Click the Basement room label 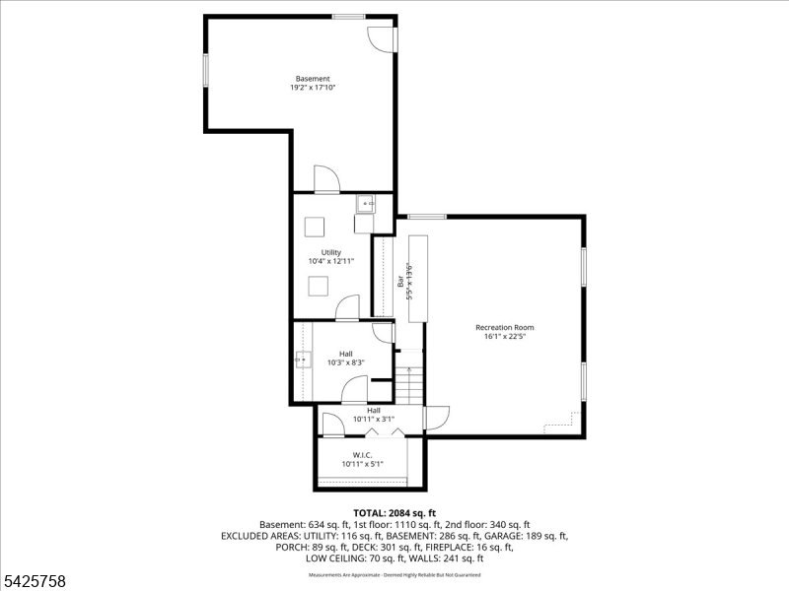pyautogui.click(x=313, y=79)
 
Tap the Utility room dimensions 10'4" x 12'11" pyautogui.click(x=330, y=262)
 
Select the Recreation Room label pyautogui.click(x=504, y=327)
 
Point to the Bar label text pyautogui.click(x=400, y=282)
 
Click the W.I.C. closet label pyautogui.click(x=362, y=454)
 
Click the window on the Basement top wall pyautogui.click(x=348, y=17)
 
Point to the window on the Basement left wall pyautogui.click(x=205, y=70)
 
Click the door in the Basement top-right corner pyautogui.click(x=382, y=38)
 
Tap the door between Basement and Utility pyautogui.click(x=326, y=180)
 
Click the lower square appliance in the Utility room pyautogui.click(x=318, y=287)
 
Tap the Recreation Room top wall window pyautogui.click(x=426, y=216)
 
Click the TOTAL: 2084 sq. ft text pyautogui.click(x=394, y=513)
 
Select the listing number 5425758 pyautogui.click(x=35, y=581)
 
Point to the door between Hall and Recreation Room pyautogui.click(x=436, y=418)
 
